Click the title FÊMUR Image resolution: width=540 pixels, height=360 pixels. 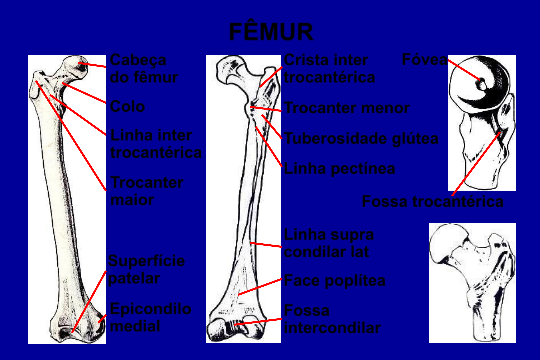271,32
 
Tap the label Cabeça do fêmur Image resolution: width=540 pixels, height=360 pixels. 143,69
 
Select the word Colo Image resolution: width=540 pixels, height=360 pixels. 127,107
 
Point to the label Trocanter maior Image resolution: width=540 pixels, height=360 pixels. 147,191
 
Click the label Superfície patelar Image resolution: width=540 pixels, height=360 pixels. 146,269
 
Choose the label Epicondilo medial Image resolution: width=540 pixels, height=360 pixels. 150,317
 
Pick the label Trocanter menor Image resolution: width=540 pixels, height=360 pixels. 346,108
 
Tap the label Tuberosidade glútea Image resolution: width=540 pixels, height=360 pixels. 361,139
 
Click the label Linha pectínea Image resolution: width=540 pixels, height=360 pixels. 339,169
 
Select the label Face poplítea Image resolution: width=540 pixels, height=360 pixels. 334,281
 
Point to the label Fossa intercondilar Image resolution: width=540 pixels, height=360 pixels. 332,319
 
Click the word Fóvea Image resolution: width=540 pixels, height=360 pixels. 424,60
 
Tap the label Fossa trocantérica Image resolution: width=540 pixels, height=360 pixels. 432,202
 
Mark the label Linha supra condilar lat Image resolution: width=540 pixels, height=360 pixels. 328,243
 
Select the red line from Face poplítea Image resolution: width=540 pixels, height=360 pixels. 260,287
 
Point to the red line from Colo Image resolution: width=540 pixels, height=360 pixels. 84,93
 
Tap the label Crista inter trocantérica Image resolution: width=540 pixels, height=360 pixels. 329,69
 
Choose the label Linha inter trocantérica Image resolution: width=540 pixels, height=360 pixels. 156,144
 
